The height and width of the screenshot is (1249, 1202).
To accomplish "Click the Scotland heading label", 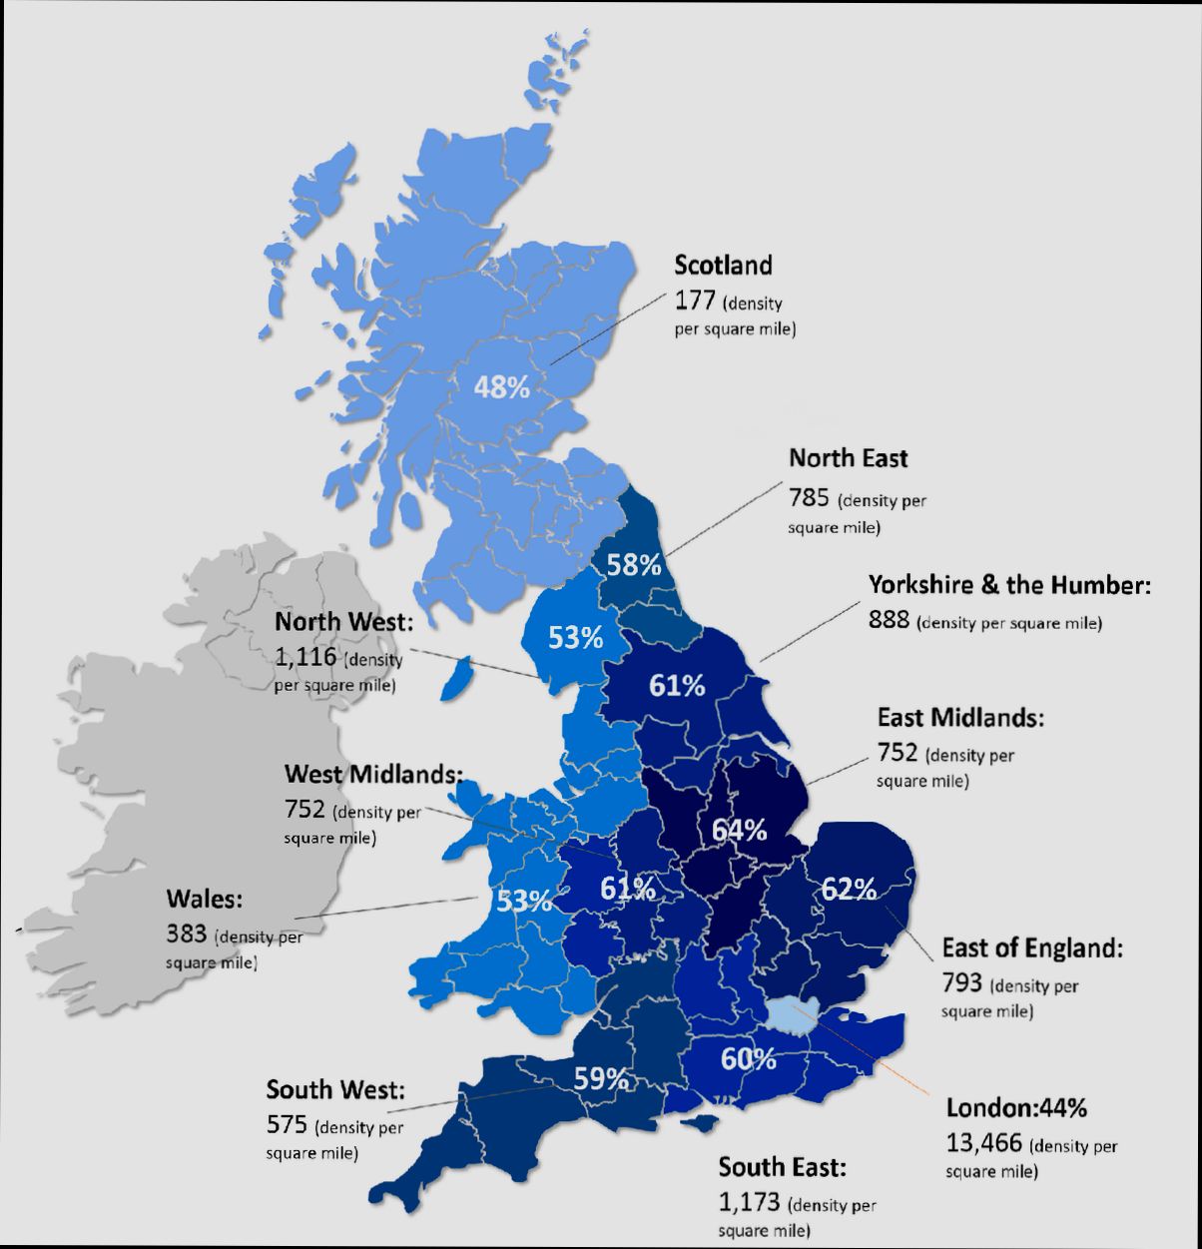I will [x=723, y=266].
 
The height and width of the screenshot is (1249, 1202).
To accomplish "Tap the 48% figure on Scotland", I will [x=501, y=387].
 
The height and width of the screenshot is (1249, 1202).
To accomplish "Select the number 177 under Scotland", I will [x=695, y=300].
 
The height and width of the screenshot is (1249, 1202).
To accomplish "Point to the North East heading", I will [x=849, y=458].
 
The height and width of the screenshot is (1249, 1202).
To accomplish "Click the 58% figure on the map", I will [x=634, y=565].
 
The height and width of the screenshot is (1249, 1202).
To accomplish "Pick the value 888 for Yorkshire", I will [x=889, y=620].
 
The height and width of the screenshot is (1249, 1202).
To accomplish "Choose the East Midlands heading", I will [x=960, y=717].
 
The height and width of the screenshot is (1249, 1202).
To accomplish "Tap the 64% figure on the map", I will [x=739, y=830].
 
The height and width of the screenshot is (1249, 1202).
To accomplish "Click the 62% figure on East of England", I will [x=849, y=888].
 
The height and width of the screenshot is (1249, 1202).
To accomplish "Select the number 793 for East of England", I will [x=962, y=983].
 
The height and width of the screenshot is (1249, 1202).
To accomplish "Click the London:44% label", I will [x=1016, y=1107].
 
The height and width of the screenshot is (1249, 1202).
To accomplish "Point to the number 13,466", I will [x=983, y=1142].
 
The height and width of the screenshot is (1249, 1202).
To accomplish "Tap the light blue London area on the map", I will [x=795, y=1014].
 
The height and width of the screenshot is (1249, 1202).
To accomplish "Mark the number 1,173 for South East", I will [x=749, y=1202].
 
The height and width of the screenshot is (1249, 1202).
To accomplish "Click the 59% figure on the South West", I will [x=601, y=1079].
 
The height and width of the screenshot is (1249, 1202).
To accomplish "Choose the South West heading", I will [x=335, y=1089].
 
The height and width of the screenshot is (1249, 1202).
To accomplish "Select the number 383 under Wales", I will [x=187, y=935].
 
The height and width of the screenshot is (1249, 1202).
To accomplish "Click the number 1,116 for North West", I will [x=304, y=656].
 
